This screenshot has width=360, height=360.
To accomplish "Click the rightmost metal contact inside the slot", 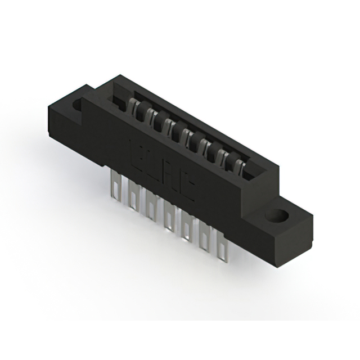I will point(238,165).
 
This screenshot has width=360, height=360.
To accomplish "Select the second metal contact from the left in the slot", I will point(148,115).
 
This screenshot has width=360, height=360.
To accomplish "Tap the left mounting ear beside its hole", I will point(67,110).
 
